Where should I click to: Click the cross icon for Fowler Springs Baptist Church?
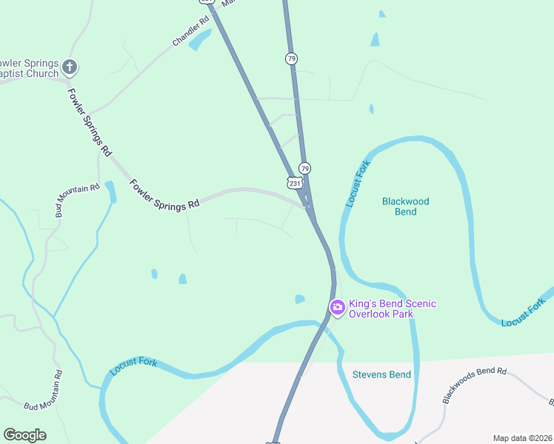click(70, 67)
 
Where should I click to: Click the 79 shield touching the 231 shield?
click(304, 169)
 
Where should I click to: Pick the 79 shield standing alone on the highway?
click(292, 58)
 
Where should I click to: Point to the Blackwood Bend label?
click(405, 206)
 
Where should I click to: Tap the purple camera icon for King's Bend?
click(337, 307)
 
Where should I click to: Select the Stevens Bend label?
click(381, 374)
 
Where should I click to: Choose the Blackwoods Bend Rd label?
click(474, 385)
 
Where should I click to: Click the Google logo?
click(24, 435)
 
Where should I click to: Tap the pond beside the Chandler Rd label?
click(201, 41)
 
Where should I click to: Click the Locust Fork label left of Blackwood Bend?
click(357, 184)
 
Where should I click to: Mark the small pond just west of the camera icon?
click(299, 299)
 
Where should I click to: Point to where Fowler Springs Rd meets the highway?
click(307, 206)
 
